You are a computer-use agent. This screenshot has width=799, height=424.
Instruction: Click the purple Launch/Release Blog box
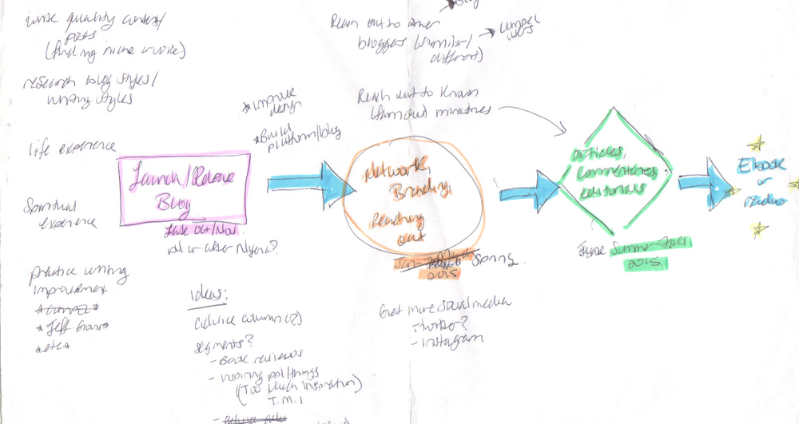184,185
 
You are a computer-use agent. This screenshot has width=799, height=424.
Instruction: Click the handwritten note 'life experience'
72,149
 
